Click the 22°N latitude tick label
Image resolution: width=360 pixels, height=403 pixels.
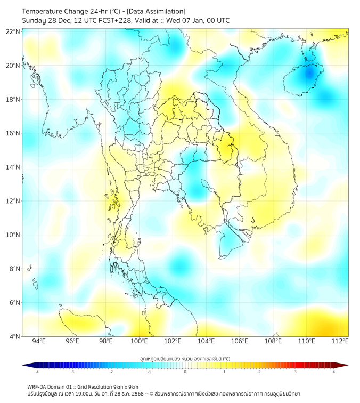click(13, 31)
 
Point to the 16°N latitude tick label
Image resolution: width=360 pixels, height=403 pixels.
click(13, 133)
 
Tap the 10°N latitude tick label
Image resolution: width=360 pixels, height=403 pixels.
click(13, 235)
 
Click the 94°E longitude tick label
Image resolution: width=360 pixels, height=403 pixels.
click(39, 341)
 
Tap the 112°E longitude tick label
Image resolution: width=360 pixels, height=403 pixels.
click(340, 341)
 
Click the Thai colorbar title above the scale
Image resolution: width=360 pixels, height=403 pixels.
click(185, 359)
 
